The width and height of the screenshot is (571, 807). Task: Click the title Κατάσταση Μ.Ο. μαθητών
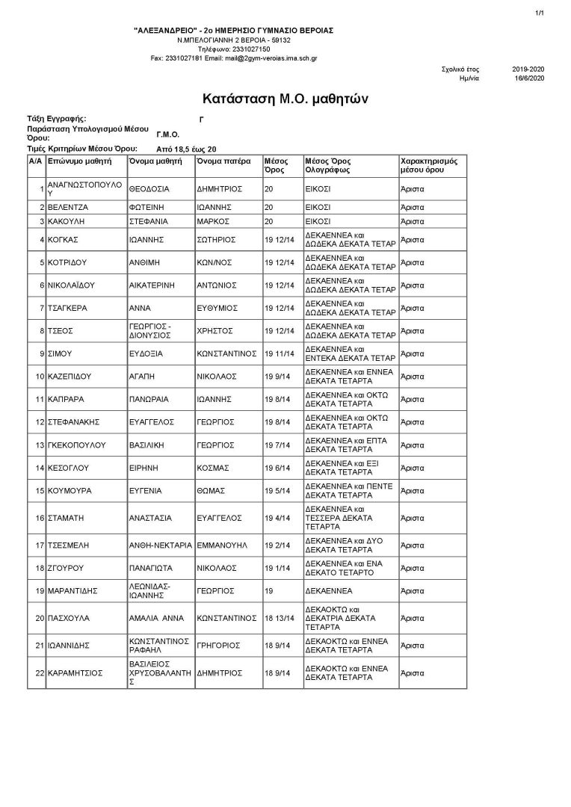pos(285,99)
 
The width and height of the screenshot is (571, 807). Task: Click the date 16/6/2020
pos(528,78)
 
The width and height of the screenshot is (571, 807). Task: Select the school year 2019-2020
pos(528,69)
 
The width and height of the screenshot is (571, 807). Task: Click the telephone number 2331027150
pos(234,49)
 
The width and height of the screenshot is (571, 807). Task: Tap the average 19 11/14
pos(279,353)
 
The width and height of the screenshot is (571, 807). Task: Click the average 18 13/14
pos(280,619)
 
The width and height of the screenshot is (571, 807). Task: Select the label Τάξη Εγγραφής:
pos(56,119)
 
